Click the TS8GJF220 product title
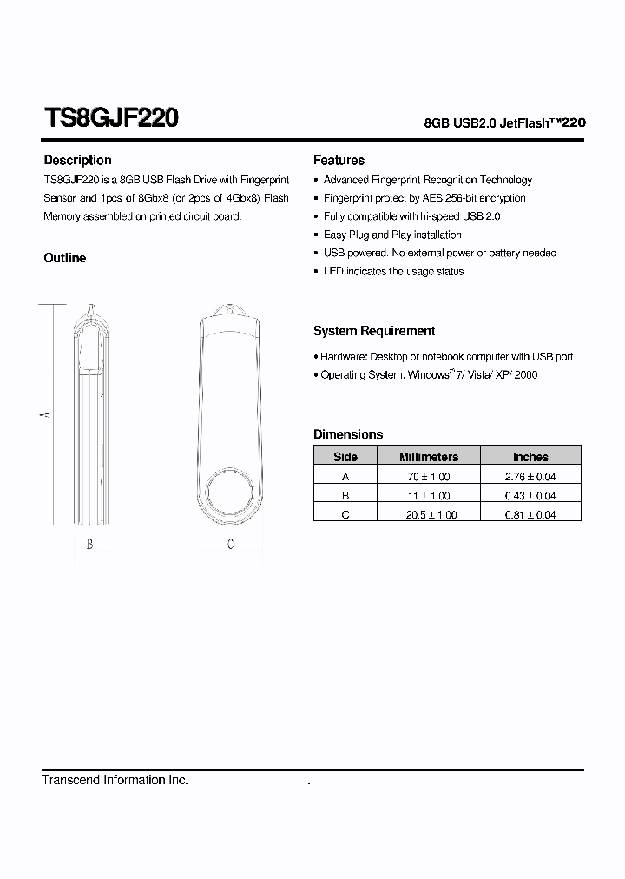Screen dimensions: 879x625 click(x=111, y=118)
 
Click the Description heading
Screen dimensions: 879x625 click(x=77, y=160)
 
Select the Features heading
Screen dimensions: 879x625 click(x=339, y=160)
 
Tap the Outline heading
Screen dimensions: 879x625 click(x=65, y=258)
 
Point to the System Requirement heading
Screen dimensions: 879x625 click(x=374, y=331)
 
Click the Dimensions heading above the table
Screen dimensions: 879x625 click(x=348, y=434)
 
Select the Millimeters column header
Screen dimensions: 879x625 click(x=428, y=457)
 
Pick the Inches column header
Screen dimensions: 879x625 click(x=530, y=457)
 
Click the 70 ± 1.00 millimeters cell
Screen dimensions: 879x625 click(x=428, y=477)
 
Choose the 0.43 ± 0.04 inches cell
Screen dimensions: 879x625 click(x=530, y=496)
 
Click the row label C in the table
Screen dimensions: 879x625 click(x=345, y=515)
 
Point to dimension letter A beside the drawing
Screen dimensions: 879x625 click(x=47, y=415)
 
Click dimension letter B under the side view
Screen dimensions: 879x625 click(x=89, y=545)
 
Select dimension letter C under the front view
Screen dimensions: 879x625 click(x=230, y=545)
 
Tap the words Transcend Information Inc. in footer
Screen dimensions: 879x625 click(x=115, y=780)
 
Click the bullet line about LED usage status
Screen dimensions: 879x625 click(x=393, y=271)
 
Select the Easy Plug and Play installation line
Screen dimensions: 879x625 click(x=392, y=235)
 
